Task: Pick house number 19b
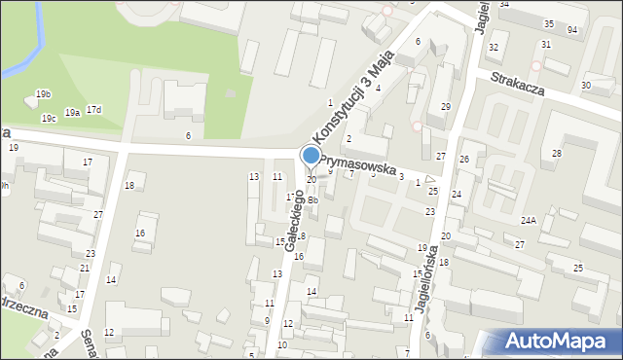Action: tap(43, 93)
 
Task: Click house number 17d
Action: tap(93, 109)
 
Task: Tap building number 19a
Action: tap(73, 113)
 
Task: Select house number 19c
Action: tap(49, 119)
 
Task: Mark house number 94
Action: tap(572, 30)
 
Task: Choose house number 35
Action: tap(549, 23)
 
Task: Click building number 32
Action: tap(494, 47)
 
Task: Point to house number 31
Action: tap(546, 45)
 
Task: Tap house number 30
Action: tap(585, 86)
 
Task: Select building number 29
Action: tap(446, 106)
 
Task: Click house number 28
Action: tap(557, 154)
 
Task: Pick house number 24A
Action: tap(529, 221)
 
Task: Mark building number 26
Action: tap(465, 159)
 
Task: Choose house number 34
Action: tap(504, 4)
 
